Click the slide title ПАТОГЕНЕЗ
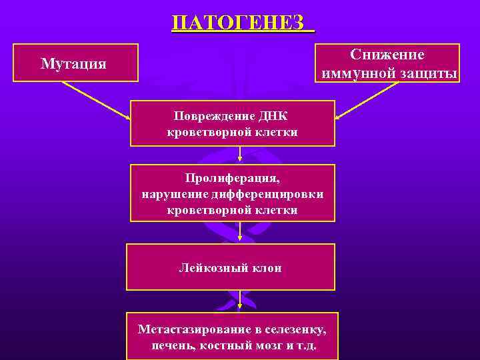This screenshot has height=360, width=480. [241, 22]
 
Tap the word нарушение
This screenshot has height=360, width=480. [169, 195]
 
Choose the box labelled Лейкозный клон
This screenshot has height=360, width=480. [231, 267]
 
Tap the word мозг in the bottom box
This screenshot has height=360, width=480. [263, 347]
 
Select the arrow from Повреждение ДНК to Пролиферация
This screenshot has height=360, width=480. [240, 155]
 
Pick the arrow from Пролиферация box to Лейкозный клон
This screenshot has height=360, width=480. [240, 233]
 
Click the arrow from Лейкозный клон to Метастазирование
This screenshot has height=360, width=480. [240, 301]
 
